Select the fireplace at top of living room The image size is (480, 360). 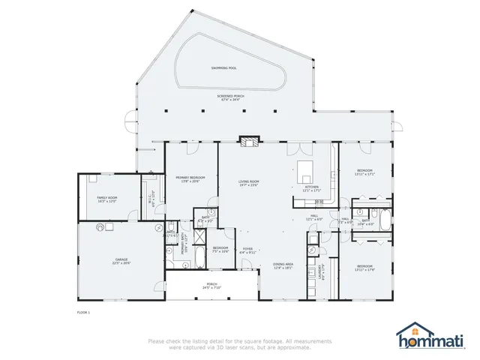pyautogui.click(x=249, y=139)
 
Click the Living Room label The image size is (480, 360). pyautogui.click(x=249, y=182)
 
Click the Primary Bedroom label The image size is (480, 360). pyautogui.click(x=187, y=179)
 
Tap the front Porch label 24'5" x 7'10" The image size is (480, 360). pyautogui.click(x=191, y=286)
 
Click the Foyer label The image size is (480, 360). pyautogui.click(x=247, y=250)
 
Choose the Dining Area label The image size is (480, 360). pyautogui.click(x=283, y=266)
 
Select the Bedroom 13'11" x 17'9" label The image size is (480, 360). pyautogui.click(x=365, y=268)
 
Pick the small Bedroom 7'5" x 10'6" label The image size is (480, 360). pyautogui.click(x=220, y=250)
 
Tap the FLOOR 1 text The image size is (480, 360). pyautogui.click(x=84, y=311)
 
